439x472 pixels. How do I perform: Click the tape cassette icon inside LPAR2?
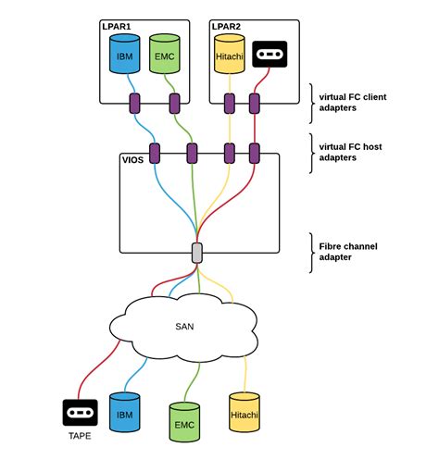(269, 54)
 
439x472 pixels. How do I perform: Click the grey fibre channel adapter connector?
(196, 252)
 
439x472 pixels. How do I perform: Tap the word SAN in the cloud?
(185, 326)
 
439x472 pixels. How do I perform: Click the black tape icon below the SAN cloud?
(81, 413)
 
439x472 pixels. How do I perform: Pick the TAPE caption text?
(80, 435)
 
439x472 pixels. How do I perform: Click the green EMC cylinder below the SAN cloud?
(185, 422)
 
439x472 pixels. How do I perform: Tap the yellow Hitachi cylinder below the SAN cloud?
(245, 413)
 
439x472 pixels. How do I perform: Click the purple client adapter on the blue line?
(134, 102)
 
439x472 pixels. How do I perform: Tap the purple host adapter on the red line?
(253, 150)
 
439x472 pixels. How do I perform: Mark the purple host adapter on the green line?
(193, 150)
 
